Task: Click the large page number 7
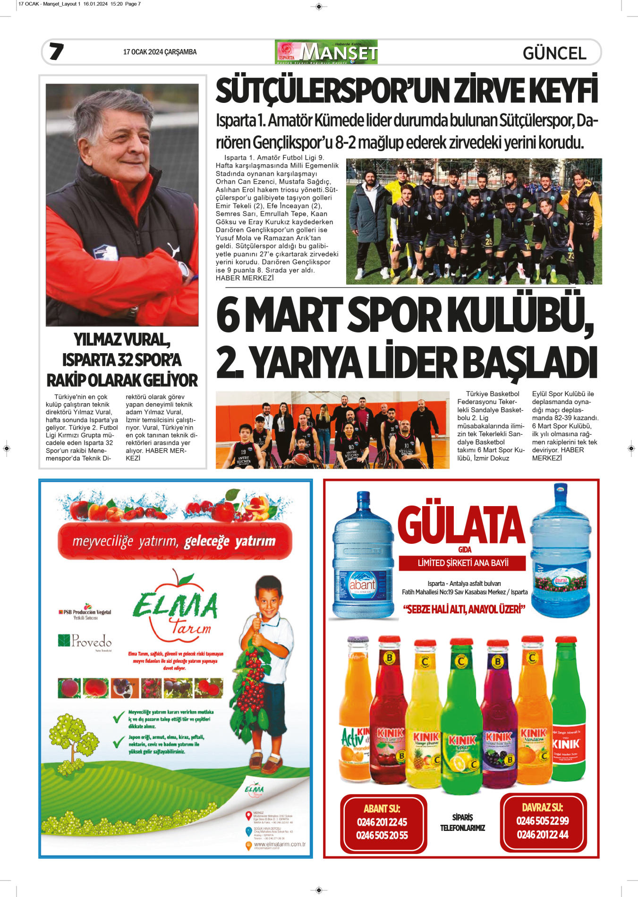point(57,51)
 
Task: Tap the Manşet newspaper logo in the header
point(326,52)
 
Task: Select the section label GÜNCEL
point(554,53)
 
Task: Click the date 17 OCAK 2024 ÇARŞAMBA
point(160,52)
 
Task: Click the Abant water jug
point(363,557)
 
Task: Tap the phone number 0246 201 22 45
point(382,822)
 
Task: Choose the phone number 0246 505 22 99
point(543,821)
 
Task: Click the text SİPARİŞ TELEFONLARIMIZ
point(462,822)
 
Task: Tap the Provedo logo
point(85,641)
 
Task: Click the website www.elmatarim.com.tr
point(280,844)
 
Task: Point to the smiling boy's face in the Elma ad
point(270,598)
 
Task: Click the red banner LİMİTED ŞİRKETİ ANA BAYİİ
point(463,563)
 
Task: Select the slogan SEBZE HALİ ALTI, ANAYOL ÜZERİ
point(464,609)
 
